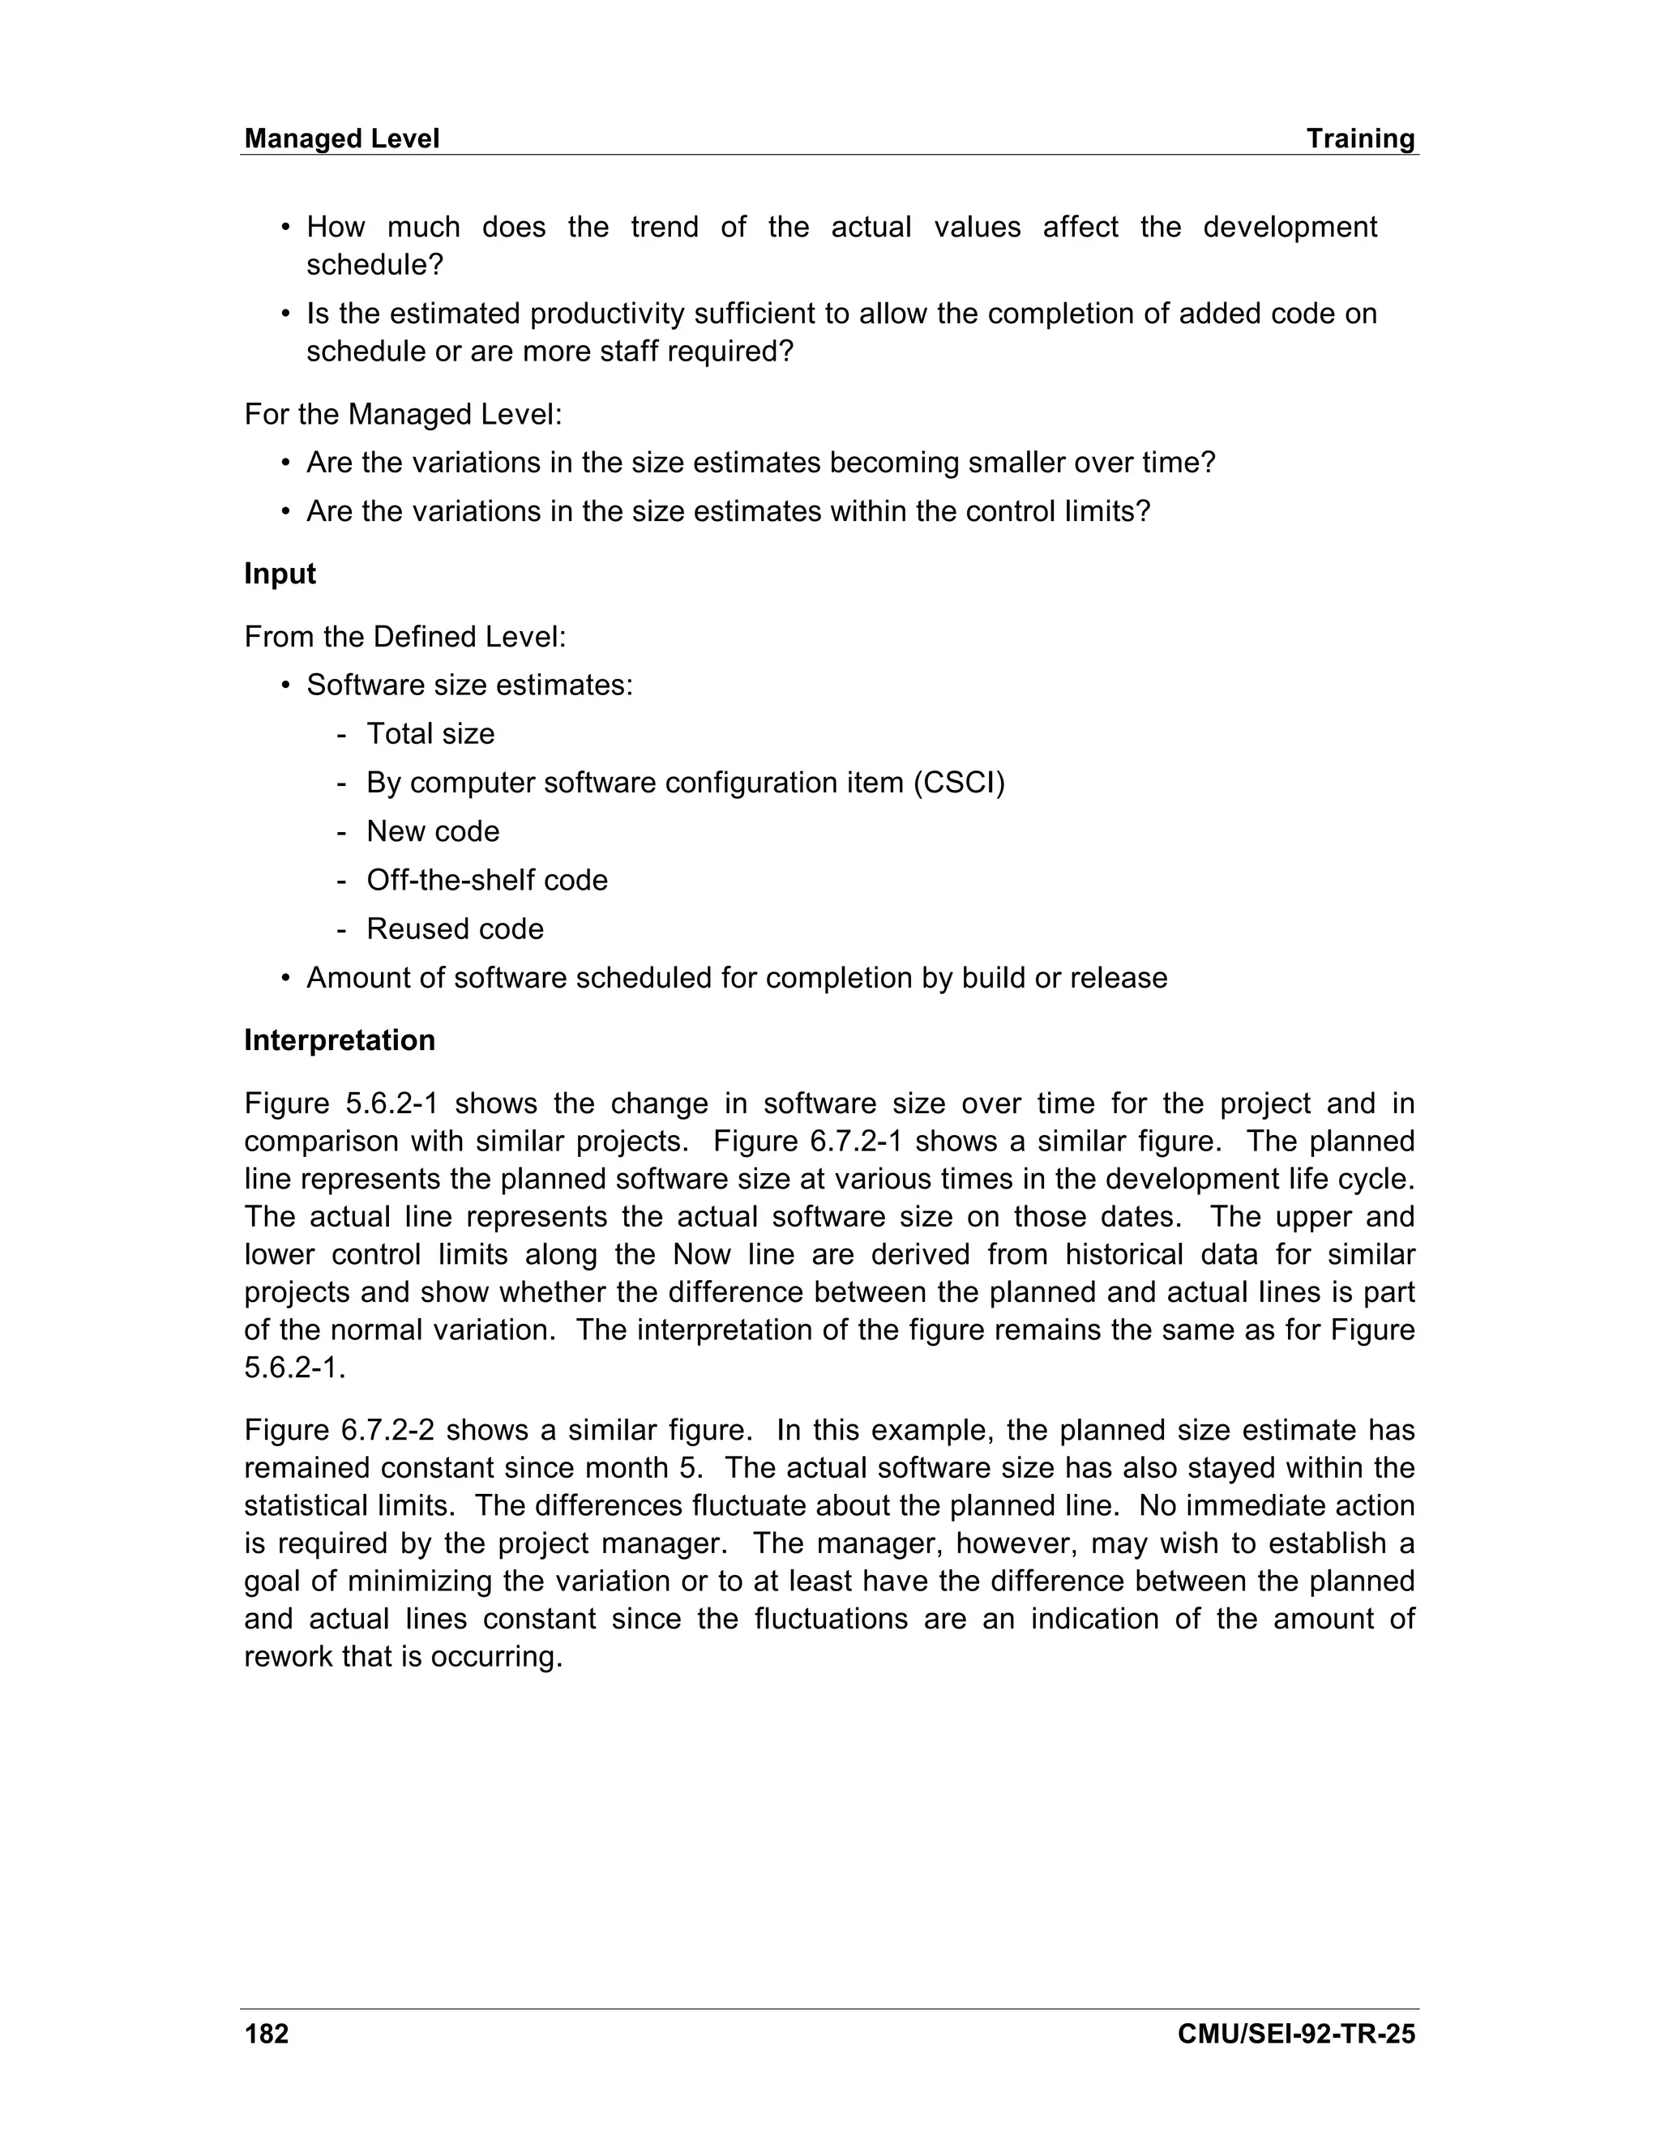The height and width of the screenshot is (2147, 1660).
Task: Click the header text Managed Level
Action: [341, 139]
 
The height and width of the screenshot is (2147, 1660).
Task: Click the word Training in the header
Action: [1360, 139]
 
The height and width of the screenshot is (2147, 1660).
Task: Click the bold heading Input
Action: [280, 574]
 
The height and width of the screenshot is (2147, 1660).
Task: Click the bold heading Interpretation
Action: [340, 1040]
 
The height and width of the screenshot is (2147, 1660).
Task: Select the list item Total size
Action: [430, 733]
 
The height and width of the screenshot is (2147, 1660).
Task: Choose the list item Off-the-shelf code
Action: [487, 880]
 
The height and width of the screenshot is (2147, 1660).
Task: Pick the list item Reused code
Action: [455, 929]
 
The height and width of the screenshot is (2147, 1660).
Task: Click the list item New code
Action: [433, 832]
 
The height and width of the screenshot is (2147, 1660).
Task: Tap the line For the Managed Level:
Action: [403, 414]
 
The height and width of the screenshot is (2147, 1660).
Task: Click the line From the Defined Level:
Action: [405, 637]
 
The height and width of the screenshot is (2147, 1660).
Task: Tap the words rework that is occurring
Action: [403, 1657]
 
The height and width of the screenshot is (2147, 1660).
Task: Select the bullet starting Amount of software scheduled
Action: [737, 978]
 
